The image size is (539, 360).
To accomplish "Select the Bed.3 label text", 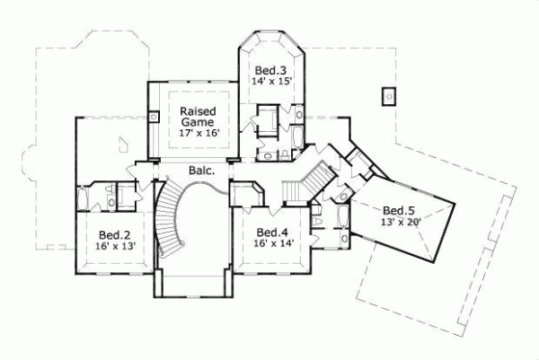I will click(270, 70).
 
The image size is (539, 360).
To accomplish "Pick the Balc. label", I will click(201, 170).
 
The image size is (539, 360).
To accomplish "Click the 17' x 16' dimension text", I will click(198, 133).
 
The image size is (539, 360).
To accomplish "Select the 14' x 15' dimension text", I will click(270, 83).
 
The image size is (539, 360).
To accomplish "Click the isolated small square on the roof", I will click(389, 94).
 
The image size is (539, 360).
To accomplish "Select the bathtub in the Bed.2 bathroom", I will click(83, 198).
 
